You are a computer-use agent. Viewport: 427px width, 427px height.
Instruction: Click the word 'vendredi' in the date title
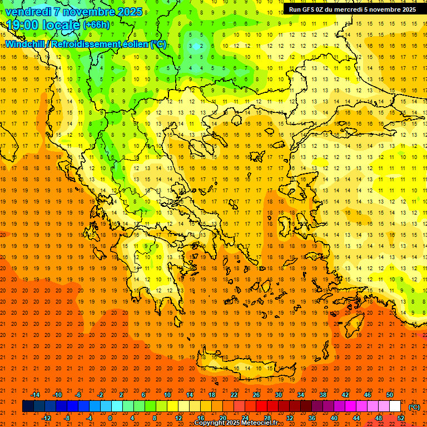pos(27,12)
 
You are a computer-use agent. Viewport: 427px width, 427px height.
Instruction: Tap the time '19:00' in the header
pos(24,25)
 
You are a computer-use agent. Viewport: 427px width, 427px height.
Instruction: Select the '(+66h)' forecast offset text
pos(96,26)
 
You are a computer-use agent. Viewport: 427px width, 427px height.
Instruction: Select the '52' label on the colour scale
pos(401,418)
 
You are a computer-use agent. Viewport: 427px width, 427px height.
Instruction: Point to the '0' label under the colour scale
pos(110,418)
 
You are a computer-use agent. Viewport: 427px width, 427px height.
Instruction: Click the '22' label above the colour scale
pos(234,395)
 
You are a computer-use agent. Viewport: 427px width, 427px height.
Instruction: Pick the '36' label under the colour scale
pos(311,418)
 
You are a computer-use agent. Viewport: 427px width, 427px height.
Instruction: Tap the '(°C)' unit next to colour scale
pos(414,406)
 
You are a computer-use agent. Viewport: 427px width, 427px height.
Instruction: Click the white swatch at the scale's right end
pos(395,406)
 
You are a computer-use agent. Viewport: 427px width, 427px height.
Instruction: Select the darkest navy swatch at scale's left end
pos(28,406)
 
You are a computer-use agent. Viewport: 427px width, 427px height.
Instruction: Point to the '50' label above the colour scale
pos(390,395)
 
